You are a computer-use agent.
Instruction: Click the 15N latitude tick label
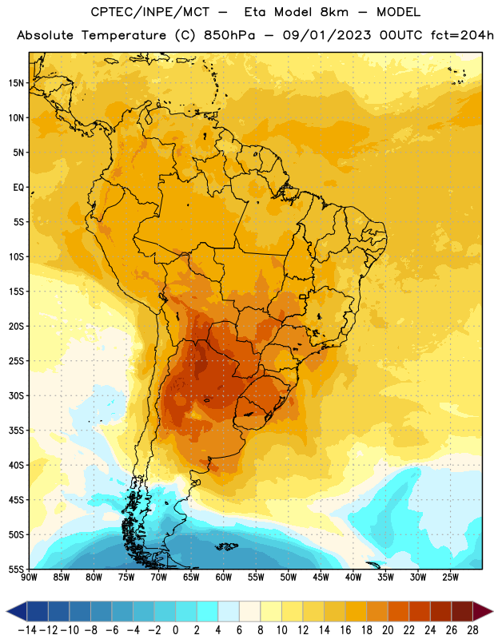[x=16, y=83]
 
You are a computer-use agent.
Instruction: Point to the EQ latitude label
[x=18, y=188]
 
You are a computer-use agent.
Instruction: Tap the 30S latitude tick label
[x=16, y=395]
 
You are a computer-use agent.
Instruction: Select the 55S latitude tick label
[x=16, y=570]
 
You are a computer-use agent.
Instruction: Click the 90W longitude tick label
[x=29, y=577]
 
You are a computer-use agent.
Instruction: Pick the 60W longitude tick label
[x=224, y=577]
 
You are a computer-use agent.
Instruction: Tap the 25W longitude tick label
[x=450, y=577]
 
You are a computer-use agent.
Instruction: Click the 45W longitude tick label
[x=321, y=577]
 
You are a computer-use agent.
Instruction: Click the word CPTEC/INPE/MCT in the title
[x=150, y=12]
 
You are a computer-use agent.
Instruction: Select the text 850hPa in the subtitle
[x=229, y=35]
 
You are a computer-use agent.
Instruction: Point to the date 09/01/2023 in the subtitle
[x=327, y=35]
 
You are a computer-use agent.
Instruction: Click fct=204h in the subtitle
[x=462, y=35]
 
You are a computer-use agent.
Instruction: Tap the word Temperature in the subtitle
[x=124, y=35]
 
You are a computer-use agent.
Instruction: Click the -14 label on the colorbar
[x=27, y=630]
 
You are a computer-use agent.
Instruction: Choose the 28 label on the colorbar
[x=472, y=630]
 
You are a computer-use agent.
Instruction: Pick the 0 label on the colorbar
[x=175, y=630]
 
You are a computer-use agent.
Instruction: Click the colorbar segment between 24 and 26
[x=441, y=611]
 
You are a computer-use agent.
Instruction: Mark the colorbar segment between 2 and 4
[x=207, y=611]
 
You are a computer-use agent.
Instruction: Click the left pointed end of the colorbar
[x=6, y=611]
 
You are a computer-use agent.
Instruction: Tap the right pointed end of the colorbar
[x=492, y=611]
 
